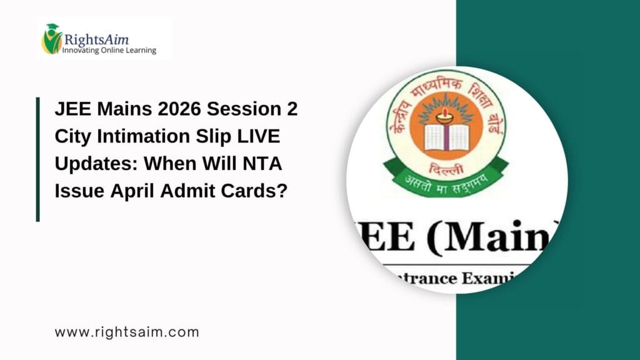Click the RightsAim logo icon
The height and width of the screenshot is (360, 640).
click(52, 39)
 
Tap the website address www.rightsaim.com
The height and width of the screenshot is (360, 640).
click(127, 332)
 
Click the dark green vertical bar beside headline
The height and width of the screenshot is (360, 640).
click(38, 159)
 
